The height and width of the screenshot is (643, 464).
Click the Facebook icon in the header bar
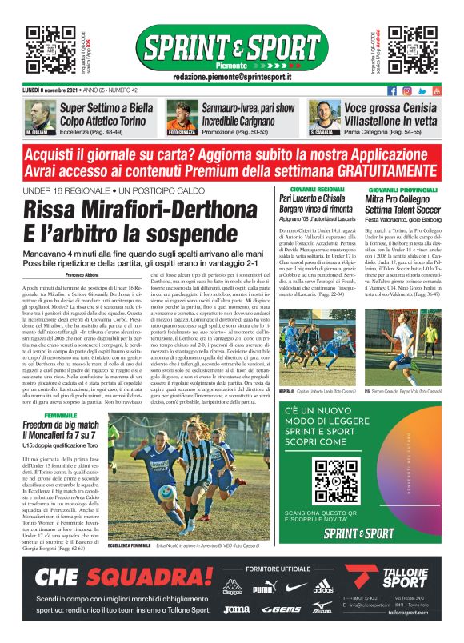click(392, 91)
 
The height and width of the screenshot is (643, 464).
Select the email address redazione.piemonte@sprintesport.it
click(231, 76)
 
